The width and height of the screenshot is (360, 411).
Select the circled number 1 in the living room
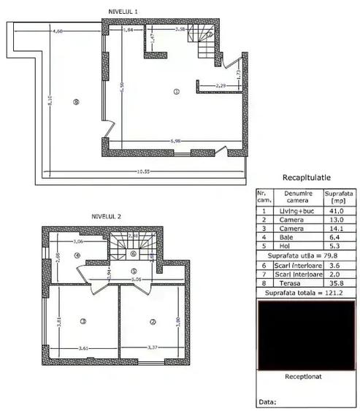[x=176, y=91]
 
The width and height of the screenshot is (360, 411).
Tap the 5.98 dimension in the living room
[x=175, y=139]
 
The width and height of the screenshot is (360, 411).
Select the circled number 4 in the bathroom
[x=77, y=256]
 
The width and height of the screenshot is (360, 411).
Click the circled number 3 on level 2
[x=83, y=321]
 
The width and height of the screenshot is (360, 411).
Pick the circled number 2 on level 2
[x=153, y=321]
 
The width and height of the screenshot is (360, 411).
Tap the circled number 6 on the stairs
[x=133, y=253]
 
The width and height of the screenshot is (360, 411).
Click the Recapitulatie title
[x=307, y=177]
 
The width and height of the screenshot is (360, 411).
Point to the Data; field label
[x=267, y=402]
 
